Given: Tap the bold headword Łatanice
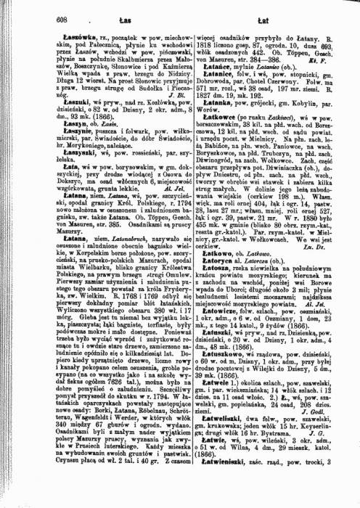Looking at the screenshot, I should (x=210, y=74).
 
